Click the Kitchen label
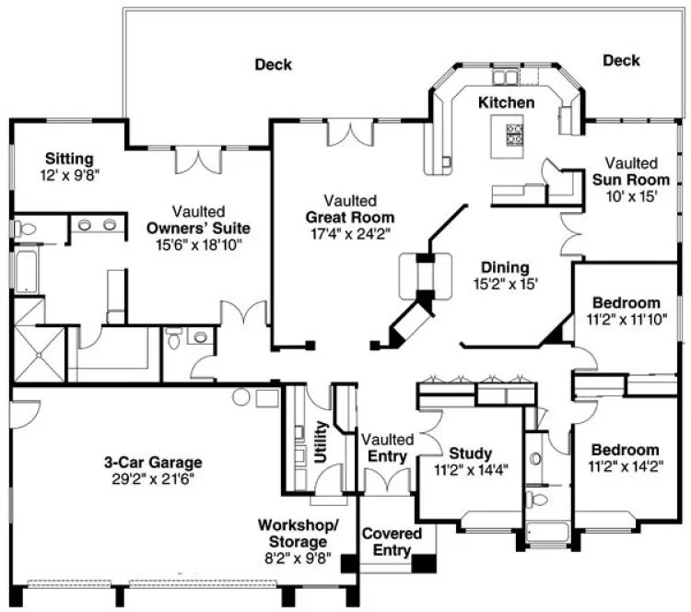tap(506, 102)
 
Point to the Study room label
tap(470, 453)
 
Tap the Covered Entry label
tap(392, 542)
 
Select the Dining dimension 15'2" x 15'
tap(506, 285)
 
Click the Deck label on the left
tap(274, 65)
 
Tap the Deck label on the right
tap(621, 61)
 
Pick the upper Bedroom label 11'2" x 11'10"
tap(626, 311)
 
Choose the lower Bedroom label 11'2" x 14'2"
tap(626, 458)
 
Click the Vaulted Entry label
tap(387, 448)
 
